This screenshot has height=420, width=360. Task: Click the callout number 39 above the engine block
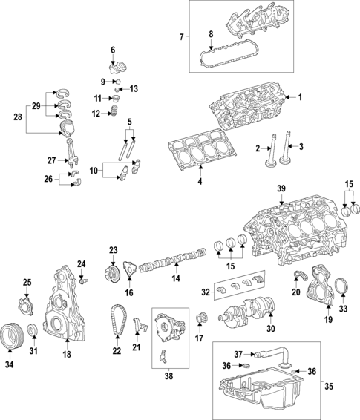(x=281, y=190)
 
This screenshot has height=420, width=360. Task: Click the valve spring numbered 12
(x=114, y=114)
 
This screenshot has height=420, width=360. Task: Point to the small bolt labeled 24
(x=84, y=280)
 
